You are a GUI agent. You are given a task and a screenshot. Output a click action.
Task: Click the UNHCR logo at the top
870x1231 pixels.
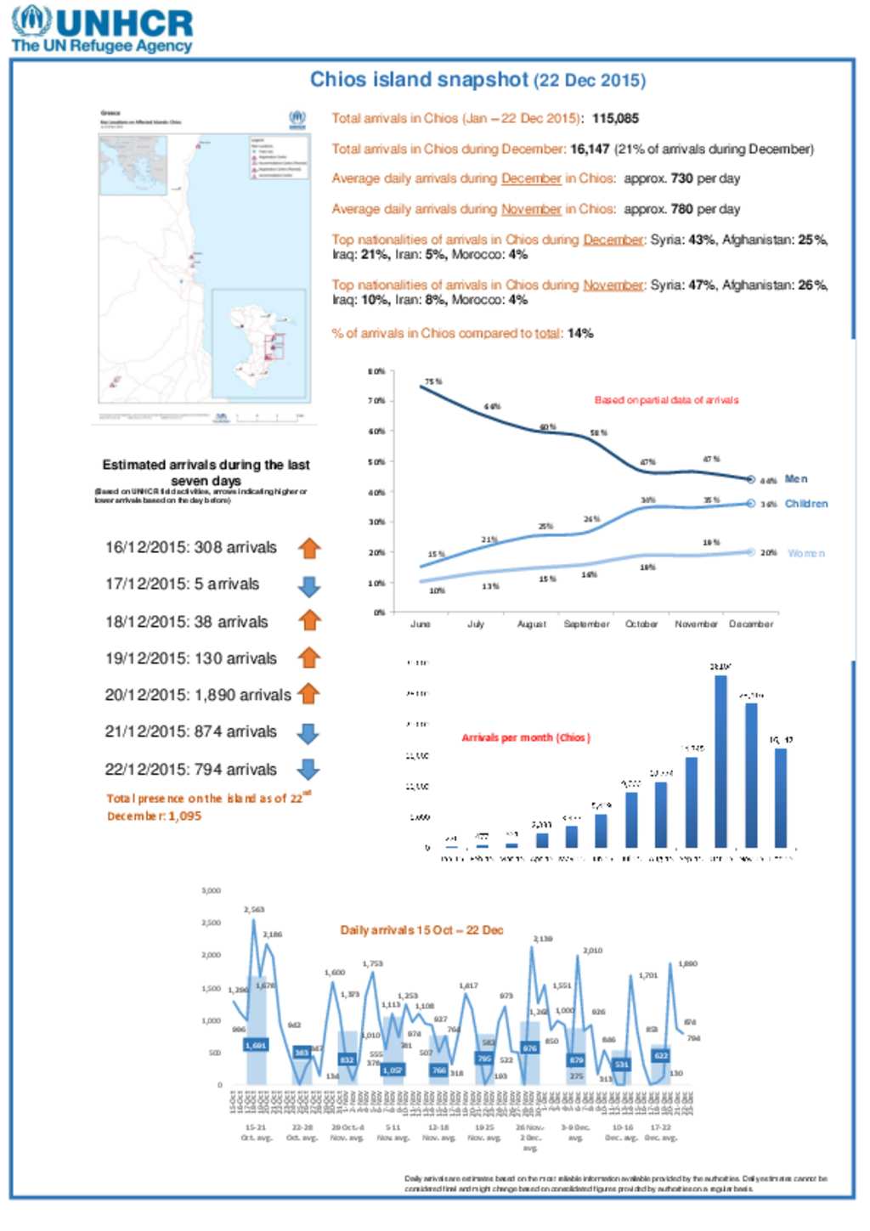click(x=102, y=30)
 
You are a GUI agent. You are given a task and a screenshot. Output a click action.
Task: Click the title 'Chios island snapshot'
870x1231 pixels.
click(x=418, y=80)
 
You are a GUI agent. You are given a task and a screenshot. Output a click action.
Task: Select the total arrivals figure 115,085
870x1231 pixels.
click(x=615, y=119)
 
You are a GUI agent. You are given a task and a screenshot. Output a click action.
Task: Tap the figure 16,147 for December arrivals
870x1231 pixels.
click(x=590, y=150)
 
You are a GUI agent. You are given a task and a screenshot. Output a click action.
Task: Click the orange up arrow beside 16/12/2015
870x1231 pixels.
click(x=309, y=548)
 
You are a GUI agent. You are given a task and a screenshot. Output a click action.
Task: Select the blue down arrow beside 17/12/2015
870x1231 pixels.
click(x=309, y=585)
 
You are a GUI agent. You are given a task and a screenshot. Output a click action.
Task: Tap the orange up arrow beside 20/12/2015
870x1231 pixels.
click(x=308, y=694)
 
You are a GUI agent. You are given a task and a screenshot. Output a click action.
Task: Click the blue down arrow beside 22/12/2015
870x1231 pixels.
click(x=308, y=770)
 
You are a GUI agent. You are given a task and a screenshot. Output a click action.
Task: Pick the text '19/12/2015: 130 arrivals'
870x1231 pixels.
click(x=190, y=658)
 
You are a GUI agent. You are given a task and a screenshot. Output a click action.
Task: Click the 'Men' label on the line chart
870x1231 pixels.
click(x=796, y=479)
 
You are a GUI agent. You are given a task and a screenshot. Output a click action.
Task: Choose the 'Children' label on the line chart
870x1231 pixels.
click(x=805, y=504)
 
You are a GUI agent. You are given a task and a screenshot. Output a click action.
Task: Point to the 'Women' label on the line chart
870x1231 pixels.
click(x=805, y=553)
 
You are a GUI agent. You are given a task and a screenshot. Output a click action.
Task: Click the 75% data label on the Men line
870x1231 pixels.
click(x=433, y=382)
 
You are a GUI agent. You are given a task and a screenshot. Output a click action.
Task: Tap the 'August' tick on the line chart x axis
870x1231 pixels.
click(x=532, y=624)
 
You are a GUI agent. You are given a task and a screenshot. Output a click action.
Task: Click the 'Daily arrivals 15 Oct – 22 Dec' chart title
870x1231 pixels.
click(x=421, y=930)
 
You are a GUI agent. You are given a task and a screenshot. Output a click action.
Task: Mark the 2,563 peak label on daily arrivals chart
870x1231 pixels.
click(x=254, y=910)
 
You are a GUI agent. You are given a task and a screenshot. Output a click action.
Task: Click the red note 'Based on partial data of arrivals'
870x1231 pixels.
click(x=666, y=400)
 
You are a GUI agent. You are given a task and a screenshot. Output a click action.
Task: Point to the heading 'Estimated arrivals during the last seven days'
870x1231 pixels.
click(x=206, y=472)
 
